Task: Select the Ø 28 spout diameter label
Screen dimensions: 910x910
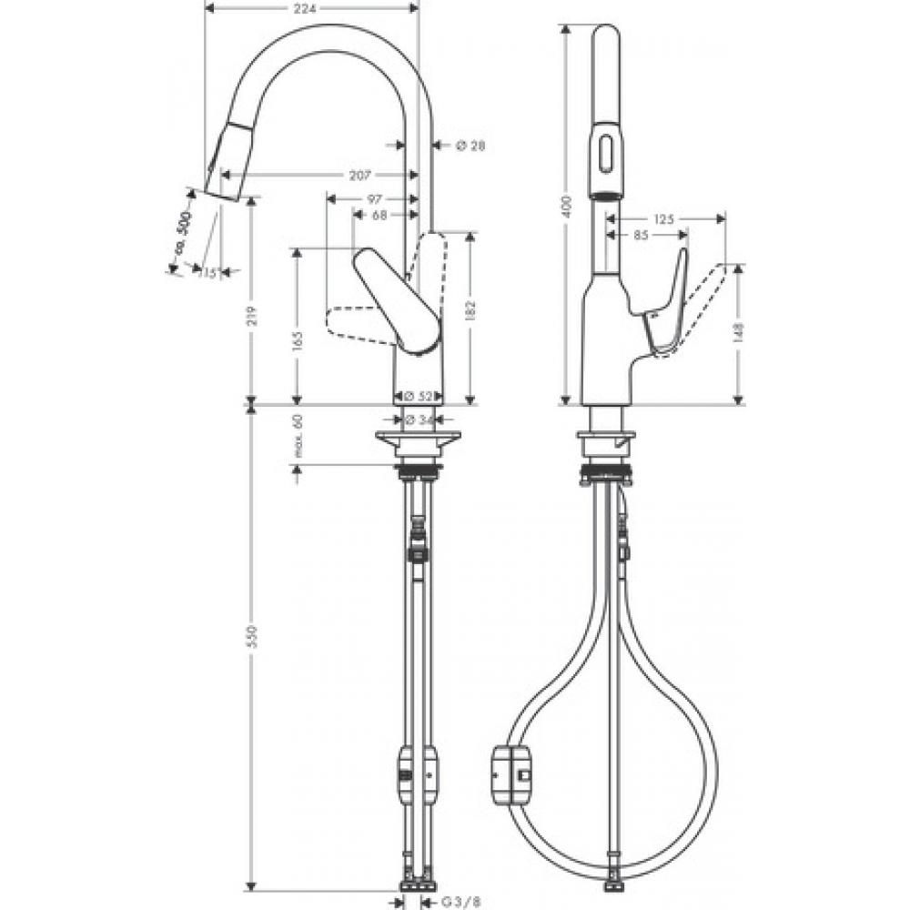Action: pyautogui.click(x=470, y=145)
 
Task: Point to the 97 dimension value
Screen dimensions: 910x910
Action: pyautogui.click(x=373, y=197)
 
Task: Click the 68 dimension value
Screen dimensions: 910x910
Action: pyautogui.click(x=379, y=215)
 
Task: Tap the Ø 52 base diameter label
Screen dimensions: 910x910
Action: pyautogui.click(x=418, y=397)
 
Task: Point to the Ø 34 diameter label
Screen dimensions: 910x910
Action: pyautogui.click(x=419, y=420)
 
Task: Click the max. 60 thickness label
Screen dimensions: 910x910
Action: pyautogui.click(x=298, y=437)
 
